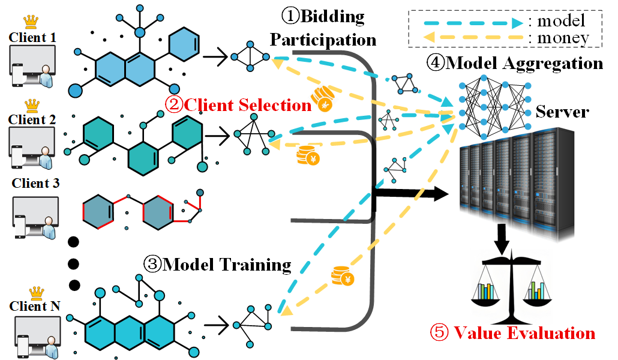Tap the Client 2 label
tap(32, 119)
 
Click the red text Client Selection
tap(238, 105)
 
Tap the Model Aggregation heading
tap(514, 62)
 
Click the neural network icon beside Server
tap(494, 103)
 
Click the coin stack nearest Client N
tap(343, 277)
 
